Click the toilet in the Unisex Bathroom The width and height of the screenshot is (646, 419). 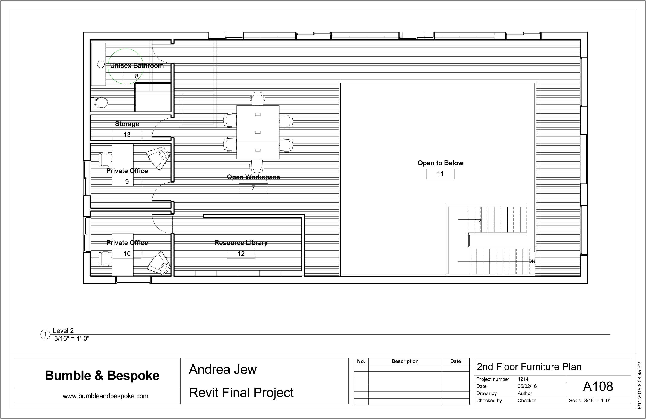(101, 103)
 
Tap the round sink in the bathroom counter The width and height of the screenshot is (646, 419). (101, 64)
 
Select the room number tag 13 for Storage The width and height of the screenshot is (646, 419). (127, 135)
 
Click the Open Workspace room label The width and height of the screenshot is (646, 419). (253, 177)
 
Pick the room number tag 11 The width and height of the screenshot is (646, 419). (440, 174)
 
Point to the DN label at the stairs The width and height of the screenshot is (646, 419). (532, 262)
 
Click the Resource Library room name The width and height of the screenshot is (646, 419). (241, 243)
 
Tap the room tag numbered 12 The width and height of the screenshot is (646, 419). (241, 254)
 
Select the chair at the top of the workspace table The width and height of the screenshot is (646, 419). (258, 99)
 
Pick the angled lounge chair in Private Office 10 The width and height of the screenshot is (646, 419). (159, 263)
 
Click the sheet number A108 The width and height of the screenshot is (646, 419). (598, 386)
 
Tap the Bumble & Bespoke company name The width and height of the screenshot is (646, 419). (102, 376)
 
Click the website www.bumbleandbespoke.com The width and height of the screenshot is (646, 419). (106, 396)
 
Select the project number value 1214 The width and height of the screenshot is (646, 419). (523, 379)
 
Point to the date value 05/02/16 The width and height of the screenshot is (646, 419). (527, 386)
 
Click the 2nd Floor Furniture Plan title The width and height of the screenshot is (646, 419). (529, 367)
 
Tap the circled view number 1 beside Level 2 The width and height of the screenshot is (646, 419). (45, 335)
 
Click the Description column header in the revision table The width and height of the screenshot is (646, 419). (405, 361)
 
